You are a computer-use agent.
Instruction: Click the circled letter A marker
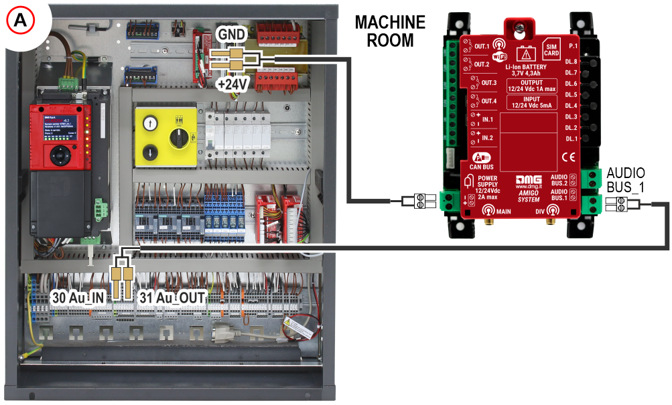pyautogui.click(x=21, y=21)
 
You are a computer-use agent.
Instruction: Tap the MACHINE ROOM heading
pyautogui.click(x=390, y=31)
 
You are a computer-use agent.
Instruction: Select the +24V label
pyautogui.click(x=232, y=85)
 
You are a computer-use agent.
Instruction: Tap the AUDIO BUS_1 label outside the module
pyautogui.click(x=625, y=180)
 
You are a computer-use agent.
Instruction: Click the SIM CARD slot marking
pyautogui.click(x=551, y=49)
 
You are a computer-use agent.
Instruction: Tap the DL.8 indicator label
pyautogui.click(x=571, y=62)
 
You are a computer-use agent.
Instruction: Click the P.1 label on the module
pyautogui.click(x=572, y=46)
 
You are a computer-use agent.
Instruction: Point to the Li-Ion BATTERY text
pyautogui.click(x=526, y=68)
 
